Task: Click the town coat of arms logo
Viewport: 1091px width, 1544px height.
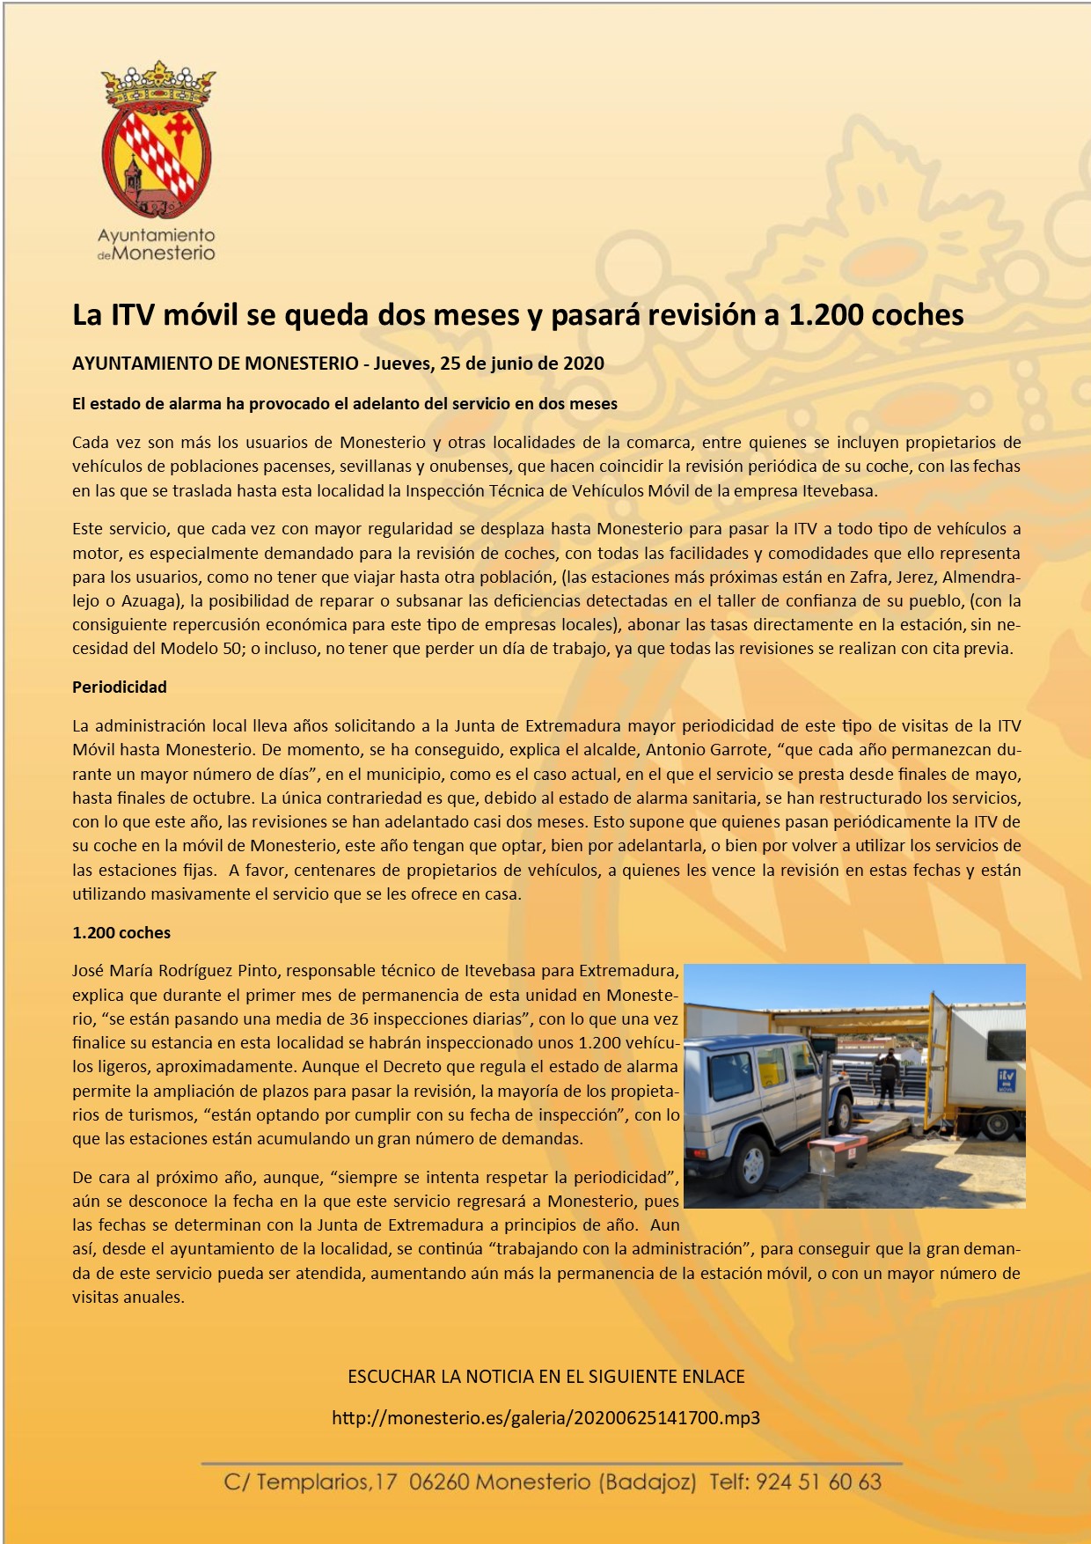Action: pyautogui.click(x=157, y=141)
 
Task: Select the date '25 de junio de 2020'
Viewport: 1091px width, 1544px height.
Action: pyautogui.click(x=522, y=364)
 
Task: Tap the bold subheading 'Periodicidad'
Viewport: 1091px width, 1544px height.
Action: pyautogui.click(x=120, y=687)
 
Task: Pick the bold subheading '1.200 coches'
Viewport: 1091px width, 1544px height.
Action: pyautogui.click(x=121, y=932)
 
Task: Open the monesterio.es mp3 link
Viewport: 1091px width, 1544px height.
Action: pyautogui.click(x=545, y=1417)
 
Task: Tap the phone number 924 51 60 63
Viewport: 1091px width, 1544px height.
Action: pyautogui.click(x=818, y=1482)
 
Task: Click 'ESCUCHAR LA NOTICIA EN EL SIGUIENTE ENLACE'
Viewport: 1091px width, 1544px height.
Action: pyautogui.click(x=545, y=1377)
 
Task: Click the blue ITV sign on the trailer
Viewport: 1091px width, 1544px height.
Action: pyautogui.click(x=1005, y=1078)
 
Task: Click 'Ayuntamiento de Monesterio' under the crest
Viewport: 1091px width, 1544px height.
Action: pyautogui.click(x=157, y=245)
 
